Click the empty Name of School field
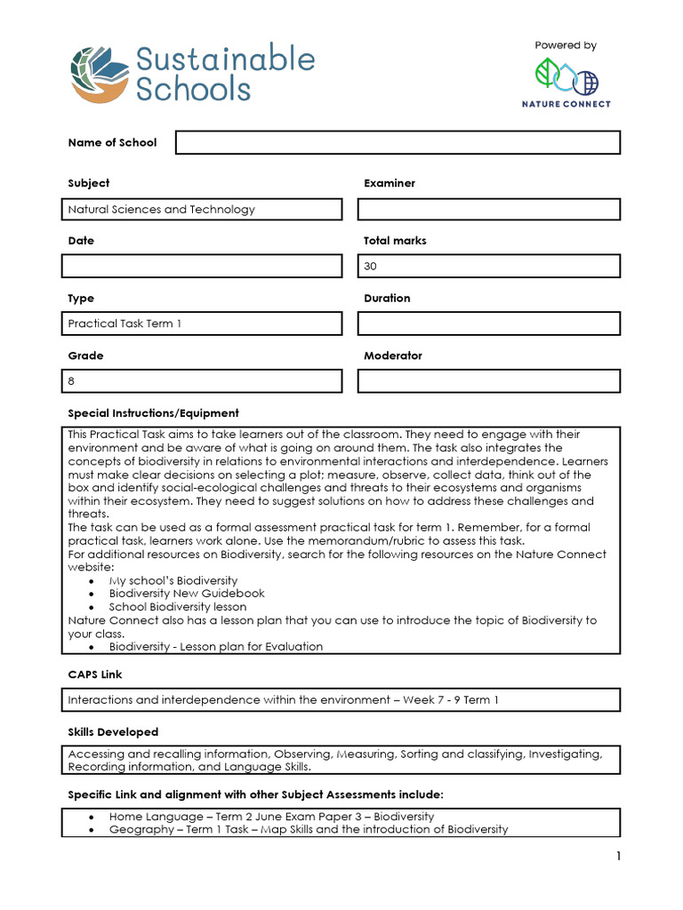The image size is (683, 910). [x=398, y=142]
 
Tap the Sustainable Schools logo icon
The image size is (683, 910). [x=100, y=75]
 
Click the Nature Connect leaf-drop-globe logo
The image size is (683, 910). [x=566, y=77]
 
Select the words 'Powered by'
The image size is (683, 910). [x=566, y=45]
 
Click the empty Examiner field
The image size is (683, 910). [x=488, y=210]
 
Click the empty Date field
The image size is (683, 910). [x=202, y=266]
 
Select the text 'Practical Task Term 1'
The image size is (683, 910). [x=125, y=323]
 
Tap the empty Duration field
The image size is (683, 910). [x=488, y=323]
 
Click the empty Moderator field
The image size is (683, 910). [x=488, y=380]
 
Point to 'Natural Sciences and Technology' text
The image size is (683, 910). [x=162, y=210]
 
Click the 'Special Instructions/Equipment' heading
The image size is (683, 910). [x=154, y=413]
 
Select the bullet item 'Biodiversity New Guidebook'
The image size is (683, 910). [x=187, y=594]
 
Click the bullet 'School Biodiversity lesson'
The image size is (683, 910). [x=178, y=607]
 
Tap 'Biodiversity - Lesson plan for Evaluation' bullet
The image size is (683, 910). [x=216, y=647]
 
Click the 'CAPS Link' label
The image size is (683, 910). [x=95, y=675]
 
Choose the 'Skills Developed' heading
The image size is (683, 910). [x=113, y=732]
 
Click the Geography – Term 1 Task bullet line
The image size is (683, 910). [x=308, y=829]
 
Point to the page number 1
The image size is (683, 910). [x=617, y=857]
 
